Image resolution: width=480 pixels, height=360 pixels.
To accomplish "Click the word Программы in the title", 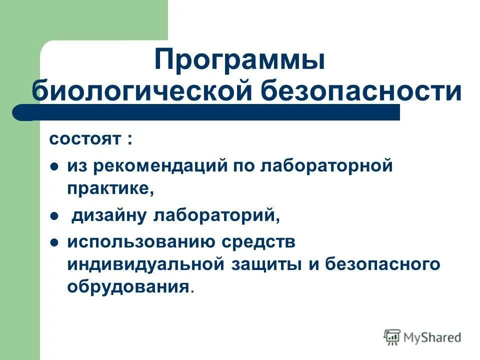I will pos(239,60).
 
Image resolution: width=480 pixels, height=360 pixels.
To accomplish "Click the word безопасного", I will pos(382,264).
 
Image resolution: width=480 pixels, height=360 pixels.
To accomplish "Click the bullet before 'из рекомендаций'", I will pos(54,166).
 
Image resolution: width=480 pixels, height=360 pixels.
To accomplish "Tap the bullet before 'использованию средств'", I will pos(54,242).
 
